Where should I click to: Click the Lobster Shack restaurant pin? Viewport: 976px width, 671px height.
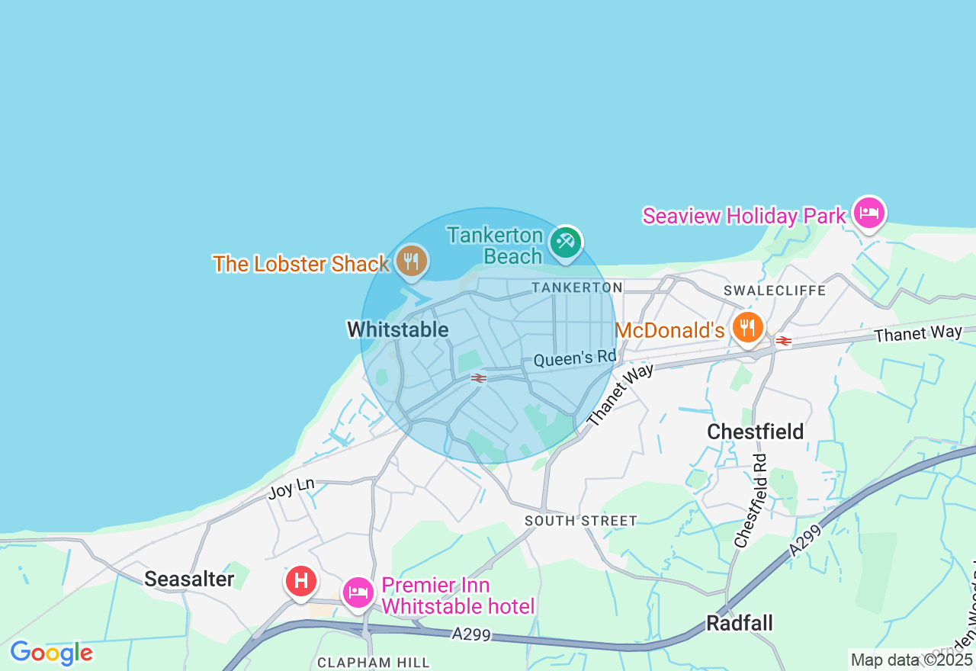[x=412, y=262]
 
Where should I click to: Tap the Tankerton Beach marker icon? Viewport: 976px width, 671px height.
[x=565, y=243]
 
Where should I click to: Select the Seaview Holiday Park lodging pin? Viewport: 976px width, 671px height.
[x=868, y=213]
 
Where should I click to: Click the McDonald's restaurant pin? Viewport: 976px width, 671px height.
[x=748, y=328]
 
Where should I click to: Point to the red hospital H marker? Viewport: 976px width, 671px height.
[x=301, y=581]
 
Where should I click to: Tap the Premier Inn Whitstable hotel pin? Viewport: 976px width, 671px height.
[x=358, y=592]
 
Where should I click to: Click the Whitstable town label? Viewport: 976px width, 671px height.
[x=397, y=329]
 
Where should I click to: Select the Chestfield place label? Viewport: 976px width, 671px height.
[x=755, y=432]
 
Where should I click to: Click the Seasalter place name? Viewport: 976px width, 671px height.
[x=189, y=579]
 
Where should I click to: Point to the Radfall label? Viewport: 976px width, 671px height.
[x=739, y=623]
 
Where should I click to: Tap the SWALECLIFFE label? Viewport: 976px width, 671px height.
[x=774, y=291]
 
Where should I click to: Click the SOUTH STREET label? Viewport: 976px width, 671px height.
[x=580, y=521]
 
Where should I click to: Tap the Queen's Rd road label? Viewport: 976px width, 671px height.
[x=574, y=358]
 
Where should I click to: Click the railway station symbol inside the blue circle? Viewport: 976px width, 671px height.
[x=479, y=377]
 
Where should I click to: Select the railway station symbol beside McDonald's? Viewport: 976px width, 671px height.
[x=782, y=341]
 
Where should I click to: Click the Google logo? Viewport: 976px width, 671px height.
[x=51, y=653]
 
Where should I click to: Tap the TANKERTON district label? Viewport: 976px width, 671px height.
[x=577, y=287]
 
